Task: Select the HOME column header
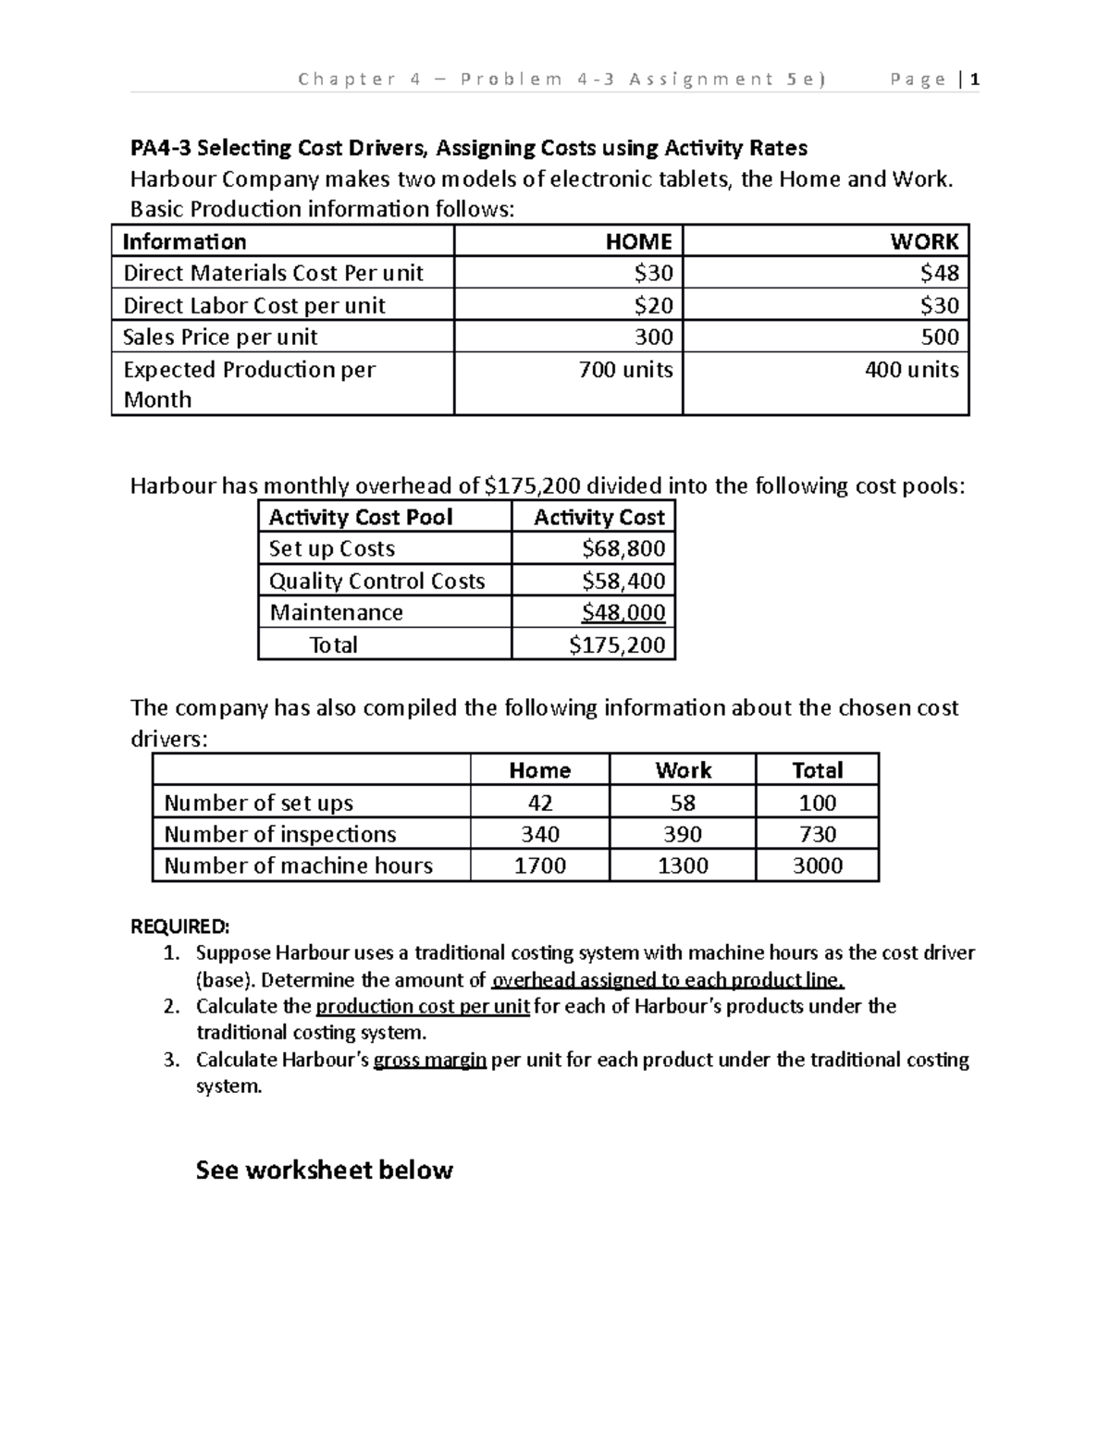pyautogui.click(x=638, y=241)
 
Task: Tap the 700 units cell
pyautogui.click(x=625, y=370)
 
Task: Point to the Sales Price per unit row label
pyautogui.click(x=220, y=337)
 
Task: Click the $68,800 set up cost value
pyautogui.click(x=623, y=548)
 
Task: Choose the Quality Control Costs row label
pyautogui.click(x=376, y=581)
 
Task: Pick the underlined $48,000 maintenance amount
pyautogui.click(x=623, y=612)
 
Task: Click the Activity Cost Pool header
pyautogui.click(x=361, y=517)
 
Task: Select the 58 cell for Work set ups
pyautogui.click(x=683, y=803)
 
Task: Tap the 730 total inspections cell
pyautogui.click(x=818, y=834)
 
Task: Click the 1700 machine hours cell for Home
pyautogui.click(x=540, y=865)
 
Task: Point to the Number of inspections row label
pyautogui.click(x=280, y=834)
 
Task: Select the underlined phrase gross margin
pyautogui.click(x=429, y=1060)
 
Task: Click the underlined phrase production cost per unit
pyautogui.click(x=423, y=1006)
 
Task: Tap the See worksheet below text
pyautogui.click(x=324, y=1170)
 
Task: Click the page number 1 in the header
pyautogui.click(x=975, y=80)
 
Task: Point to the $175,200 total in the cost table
pyautogui.click(x=617, y=644)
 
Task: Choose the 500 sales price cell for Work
pyautogui.click(x=940, y=337)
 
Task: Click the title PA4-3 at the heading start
pyautogui.click(x=161, y=148)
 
